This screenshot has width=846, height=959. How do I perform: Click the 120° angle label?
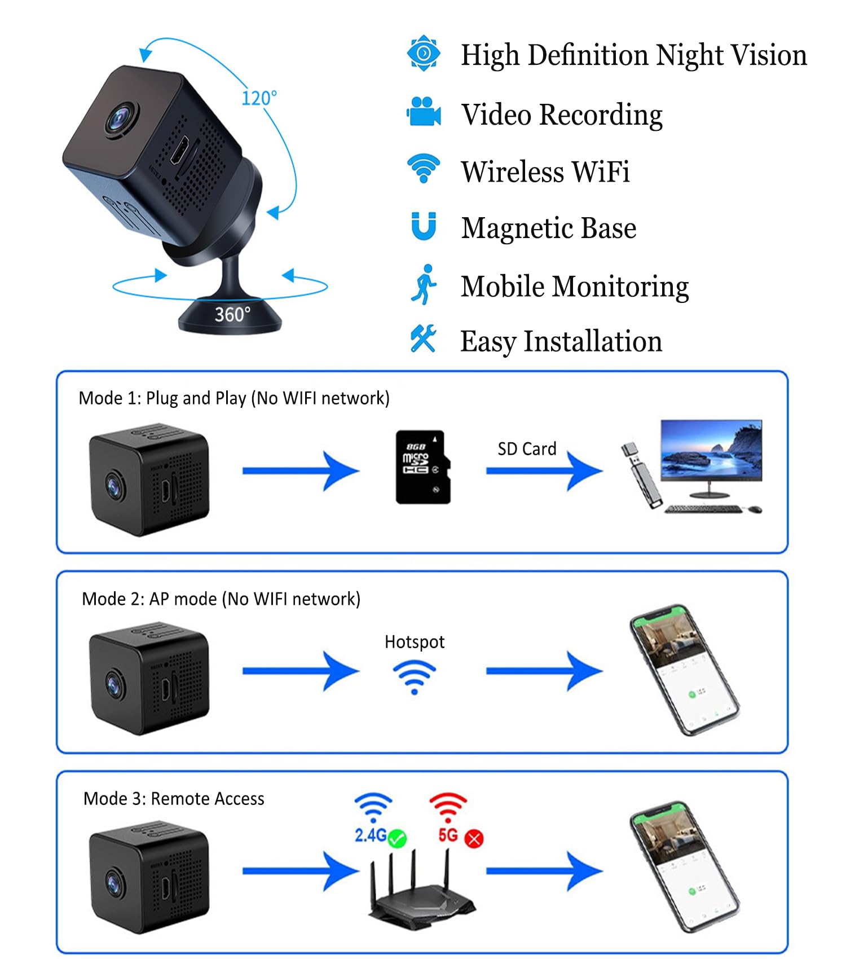259,98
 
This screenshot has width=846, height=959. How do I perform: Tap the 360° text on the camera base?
232,314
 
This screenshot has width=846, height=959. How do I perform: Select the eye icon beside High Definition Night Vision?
424,54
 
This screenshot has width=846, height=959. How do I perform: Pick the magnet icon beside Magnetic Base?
424,226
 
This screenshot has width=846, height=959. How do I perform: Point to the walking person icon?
424,285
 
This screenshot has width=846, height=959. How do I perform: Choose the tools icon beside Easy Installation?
423,339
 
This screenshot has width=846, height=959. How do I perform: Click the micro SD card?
423,467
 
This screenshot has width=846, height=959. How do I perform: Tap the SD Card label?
527,449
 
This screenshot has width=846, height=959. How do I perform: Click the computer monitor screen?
711,450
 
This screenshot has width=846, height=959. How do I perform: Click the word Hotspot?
415,642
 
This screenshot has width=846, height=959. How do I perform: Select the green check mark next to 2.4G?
398,838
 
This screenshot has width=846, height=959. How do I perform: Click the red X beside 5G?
474,839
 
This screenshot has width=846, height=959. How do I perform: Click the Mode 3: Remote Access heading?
174,799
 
